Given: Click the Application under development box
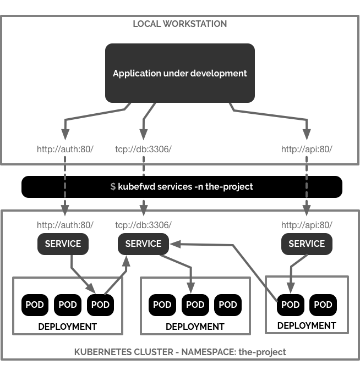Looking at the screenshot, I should pyautogui.click(x=179, y=73).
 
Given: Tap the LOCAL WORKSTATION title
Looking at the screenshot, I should pyautogui.click(x=179, y=24).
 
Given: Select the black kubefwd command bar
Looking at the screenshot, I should pyautogui.click(x=182, y=187).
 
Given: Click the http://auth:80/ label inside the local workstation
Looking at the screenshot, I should pyautogui.click(x=65, y=149).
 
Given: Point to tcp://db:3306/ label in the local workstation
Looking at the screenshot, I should pyautogui.click(x=143, y=149).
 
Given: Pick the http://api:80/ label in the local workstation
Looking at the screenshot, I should pyautogui.click(x=307, y=149).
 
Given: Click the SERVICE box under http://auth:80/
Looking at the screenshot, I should pyautogui.click(x=63, y=244).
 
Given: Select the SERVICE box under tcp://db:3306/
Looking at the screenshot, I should pyautogui.click(x=143, y=244).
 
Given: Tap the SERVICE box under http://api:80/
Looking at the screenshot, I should pyautogui.click(x=307, y=244).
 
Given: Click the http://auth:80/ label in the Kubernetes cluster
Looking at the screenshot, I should pyautogui.click(x=65, y=225).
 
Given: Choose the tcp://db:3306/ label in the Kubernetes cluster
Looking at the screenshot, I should pyautogui.click(x=143, y=225).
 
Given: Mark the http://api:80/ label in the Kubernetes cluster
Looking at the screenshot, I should pyautogui.click(x=307, y=225).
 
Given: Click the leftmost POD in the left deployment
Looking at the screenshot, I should pyautogui.click(x=35, y=305).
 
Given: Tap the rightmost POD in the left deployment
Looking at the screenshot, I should pyautogui.click(x=100, y=305).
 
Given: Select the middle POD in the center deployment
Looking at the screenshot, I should pyautogui.click(x=195, y=305).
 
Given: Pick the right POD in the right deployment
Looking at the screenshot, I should pyautogui.click(x=323, y=305).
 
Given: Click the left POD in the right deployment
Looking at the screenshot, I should pyautogui.click(x=290, y=305).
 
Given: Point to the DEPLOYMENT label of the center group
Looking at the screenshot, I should pyautogui.click(x=195, y=327).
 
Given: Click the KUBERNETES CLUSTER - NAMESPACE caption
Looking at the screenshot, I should pyautogui.click(x=180, y=352).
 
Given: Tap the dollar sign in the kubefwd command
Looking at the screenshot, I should pyautogui.click(x=113, y=187).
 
